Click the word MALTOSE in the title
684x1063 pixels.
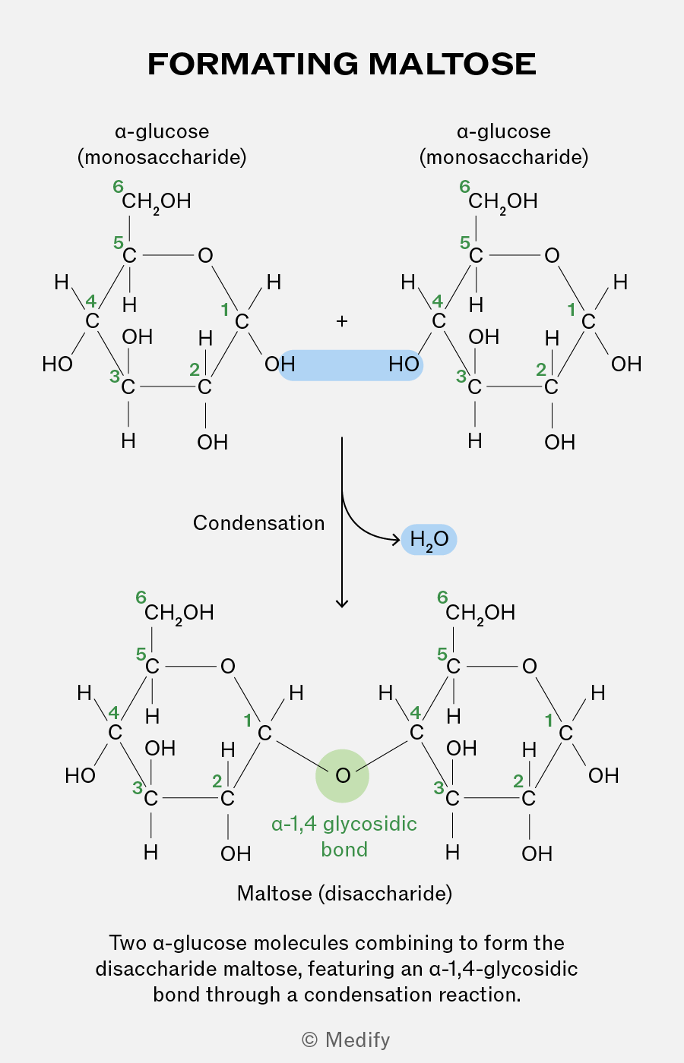coord(452,64)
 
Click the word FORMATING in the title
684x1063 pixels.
coord(253,64)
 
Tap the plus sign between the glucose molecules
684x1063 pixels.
coord(341,321)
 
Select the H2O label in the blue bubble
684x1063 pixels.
coord(429,540)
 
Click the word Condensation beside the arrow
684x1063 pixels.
coord(259,523)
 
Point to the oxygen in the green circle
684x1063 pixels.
coord(343,775)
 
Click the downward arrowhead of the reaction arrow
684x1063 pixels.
coord(342,604)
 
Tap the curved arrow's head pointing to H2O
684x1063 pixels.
coord(397,540)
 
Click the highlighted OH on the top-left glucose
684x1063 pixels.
coord(280,364)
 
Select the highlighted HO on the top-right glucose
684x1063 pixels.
coord(404,364)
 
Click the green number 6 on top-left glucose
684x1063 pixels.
coord(118,187)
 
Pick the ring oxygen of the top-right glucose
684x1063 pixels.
coord(552,256)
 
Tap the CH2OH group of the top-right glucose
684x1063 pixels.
coord(502,202)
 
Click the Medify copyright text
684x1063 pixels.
coord(346,1039)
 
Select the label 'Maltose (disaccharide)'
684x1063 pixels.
coord(344,894)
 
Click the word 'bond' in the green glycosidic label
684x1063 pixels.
coord(344,850)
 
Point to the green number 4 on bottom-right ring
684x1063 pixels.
coord(416,712)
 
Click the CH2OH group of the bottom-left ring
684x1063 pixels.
coord(179,614)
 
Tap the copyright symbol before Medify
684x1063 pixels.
coord(310,1039)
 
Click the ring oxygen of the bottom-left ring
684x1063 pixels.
coord(227,667)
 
